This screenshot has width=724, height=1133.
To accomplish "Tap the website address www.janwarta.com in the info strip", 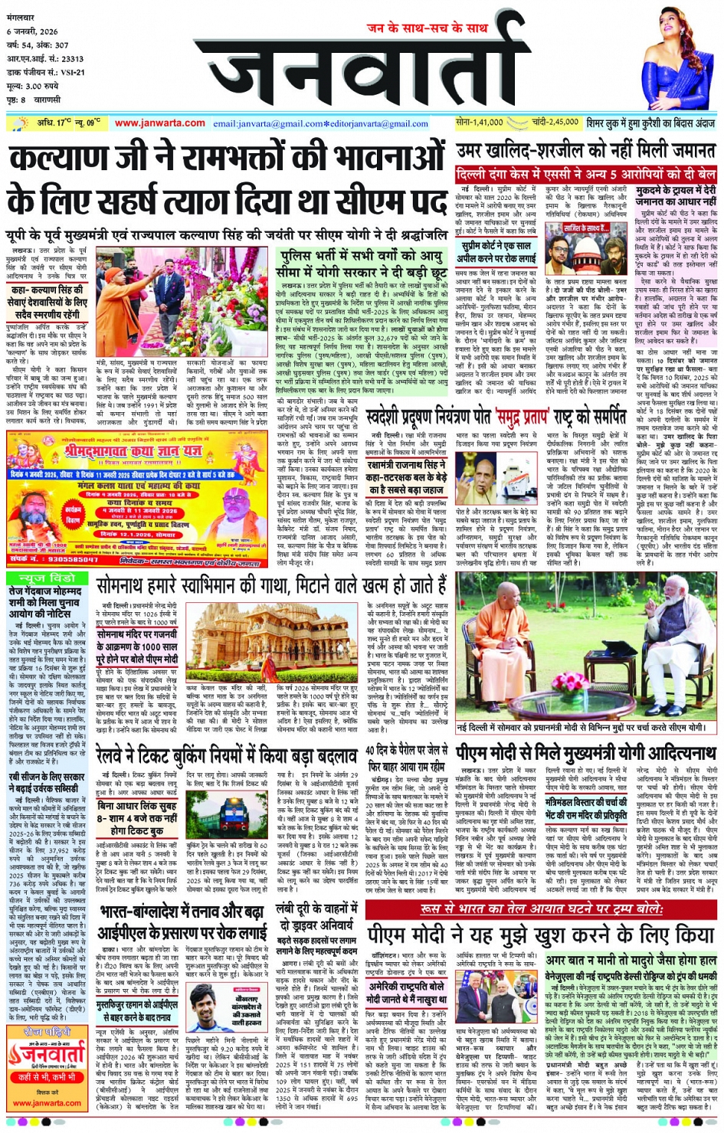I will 160,123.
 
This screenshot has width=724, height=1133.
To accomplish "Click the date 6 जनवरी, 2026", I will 32,32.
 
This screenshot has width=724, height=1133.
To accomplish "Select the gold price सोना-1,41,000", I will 479,123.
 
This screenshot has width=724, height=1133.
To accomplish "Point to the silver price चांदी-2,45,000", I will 555,123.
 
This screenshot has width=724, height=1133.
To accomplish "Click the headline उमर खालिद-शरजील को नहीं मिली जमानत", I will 586,151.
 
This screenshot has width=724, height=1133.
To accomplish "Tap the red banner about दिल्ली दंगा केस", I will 586,175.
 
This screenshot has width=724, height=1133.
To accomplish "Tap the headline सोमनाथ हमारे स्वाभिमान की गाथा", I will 271,587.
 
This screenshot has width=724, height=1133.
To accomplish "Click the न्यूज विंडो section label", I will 47,578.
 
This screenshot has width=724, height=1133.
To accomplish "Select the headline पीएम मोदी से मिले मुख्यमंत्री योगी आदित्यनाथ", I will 586,752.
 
